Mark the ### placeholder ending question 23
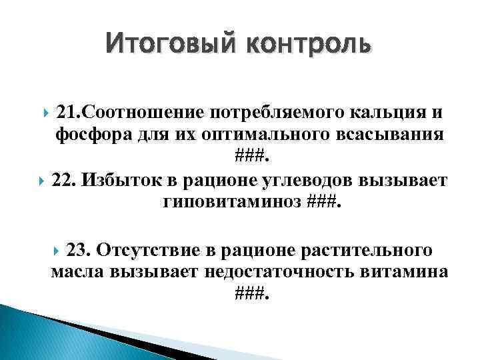point(252,295)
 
